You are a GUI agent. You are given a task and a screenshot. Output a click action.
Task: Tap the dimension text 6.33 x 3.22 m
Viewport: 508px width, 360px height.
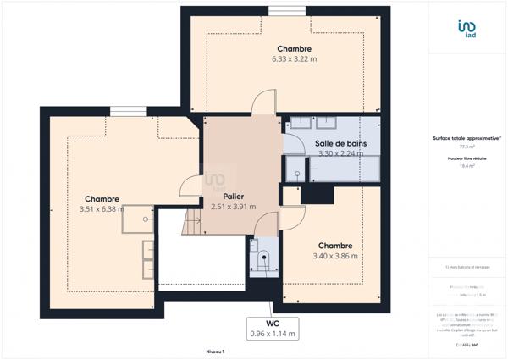point(294,59)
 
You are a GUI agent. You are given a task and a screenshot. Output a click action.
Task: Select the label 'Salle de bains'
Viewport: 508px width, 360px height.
point(341,143)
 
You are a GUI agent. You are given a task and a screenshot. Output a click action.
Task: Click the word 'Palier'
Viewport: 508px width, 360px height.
point(222,196)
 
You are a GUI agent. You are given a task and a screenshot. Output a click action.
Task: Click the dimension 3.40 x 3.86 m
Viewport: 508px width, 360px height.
point(335,256)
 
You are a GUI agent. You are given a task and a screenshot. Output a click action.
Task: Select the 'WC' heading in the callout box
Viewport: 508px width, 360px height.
point(273,323)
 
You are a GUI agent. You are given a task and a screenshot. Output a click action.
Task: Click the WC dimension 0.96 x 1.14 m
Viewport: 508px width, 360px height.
point(273,334)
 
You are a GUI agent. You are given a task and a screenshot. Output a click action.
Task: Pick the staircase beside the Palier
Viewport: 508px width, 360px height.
point(194,224)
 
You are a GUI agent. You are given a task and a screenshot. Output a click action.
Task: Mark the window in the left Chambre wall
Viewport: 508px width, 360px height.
point(128,110)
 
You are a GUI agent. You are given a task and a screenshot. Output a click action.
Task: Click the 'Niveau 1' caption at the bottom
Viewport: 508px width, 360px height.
point(215,351)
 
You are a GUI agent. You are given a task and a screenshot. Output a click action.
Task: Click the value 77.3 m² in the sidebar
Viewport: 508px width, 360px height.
point(463,147)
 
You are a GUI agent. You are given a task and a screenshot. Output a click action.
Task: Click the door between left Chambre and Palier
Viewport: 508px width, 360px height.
point(190,191)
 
